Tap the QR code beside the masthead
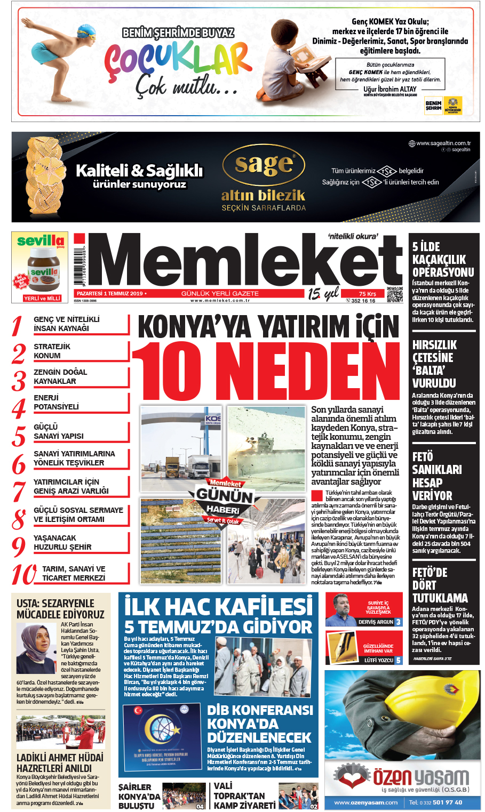(x=394, y=294)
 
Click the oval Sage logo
(x=264, y=165)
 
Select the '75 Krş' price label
(x=368, y=294)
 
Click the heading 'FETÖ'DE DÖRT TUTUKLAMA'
(x=440, y=585)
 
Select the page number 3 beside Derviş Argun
(x=398, y=622)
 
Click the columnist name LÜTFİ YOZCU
(x=379, y=660)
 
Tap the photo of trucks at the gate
(x=182, y=449)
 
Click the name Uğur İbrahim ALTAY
(x=390, y=89)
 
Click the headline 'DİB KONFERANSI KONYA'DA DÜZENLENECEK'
(x=260, y=723)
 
